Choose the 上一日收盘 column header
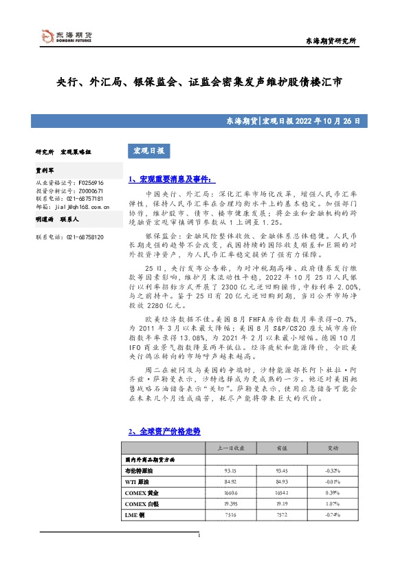pos(231,448)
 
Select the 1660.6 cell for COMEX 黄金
pos(231,492)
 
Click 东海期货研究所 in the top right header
pos(331,42)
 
